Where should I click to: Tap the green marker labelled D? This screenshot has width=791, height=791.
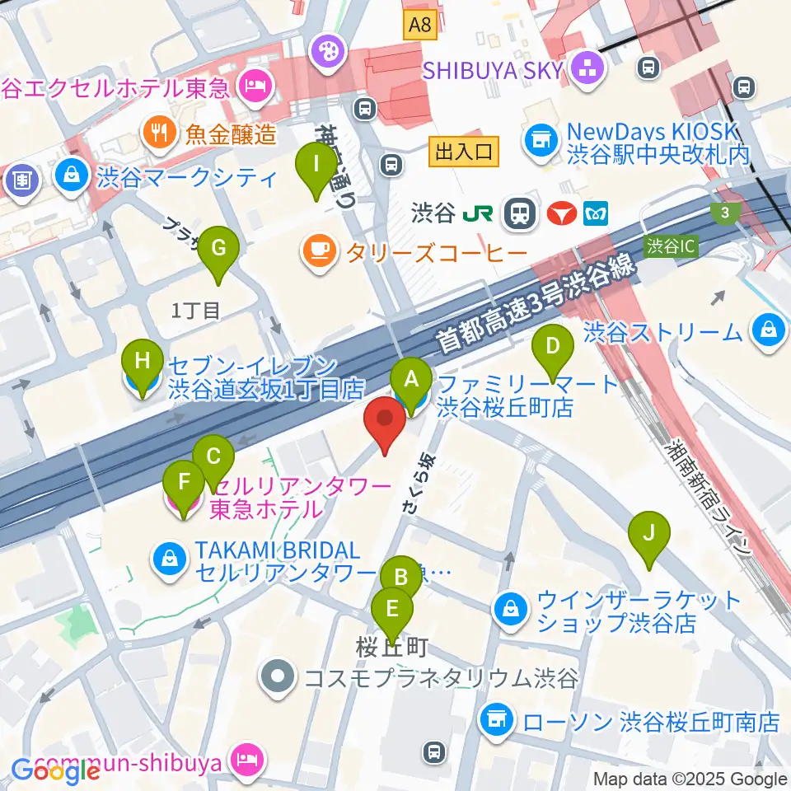coord(553,347)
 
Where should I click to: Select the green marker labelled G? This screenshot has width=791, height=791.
coord(218,249)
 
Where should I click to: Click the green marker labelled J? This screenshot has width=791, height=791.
coord(648,534)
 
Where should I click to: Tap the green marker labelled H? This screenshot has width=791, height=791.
coord(143,363)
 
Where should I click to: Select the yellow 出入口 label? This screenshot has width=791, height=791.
coord(463,150)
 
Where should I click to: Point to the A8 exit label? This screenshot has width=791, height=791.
coord(419,26)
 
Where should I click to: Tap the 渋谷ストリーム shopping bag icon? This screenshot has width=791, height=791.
coord(769,331)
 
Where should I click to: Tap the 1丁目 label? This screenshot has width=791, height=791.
coord(196,311)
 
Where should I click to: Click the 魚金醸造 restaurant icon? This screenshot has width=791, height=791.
coord(157,132)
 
